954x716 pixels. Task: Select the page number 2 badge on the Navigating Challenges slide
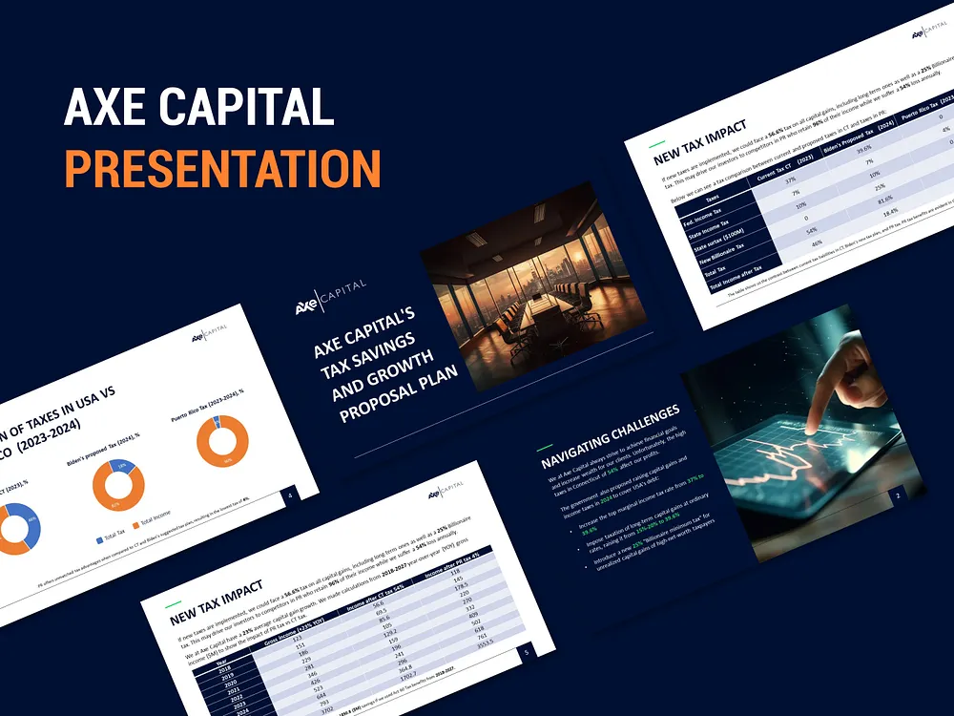(897, 496)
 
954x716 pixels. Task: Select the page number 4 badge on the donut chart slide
(290, 494)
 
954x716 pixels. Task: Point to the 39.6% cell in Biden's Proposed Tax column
(864, 150)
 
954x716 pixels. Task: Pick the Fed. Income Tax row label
(704, 214)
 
